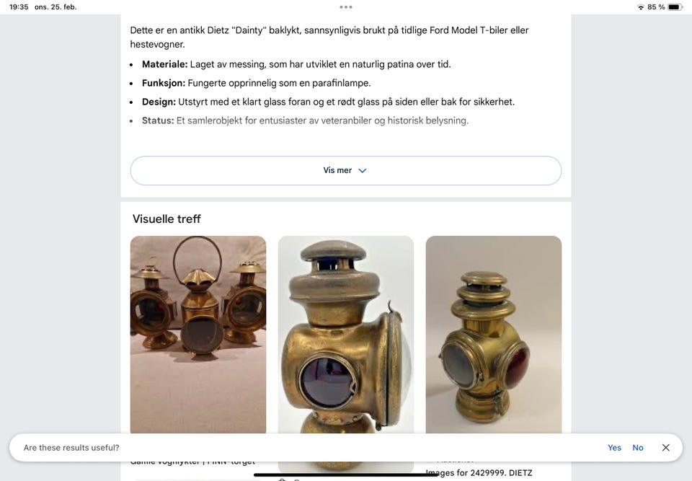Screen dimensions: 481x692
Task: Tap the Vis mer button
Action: coord(345,171)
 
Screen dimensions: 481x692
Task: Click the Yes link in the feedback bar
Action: coord(614,448)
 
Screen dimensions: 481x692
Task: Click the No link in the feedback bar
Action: coord(638,448)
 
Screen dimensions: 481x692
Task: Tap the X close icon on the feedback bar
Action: coord(666,448)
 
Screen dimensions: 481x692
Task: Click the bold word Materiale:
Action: coord(164,64)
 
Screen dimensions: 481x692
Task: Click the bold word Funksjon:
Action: coord(163,83)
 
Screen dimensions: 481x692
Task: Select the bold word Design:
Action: coord(159,102)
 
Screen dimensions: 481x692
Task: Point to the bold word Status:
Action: coord(158,120)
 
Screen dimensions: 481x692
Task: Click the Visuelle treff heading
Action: coord(167,219)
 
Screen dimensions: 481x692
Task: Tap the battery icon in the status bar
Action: coord(675,7)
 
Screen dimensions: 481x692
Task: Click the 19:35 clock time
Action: coord(19,7)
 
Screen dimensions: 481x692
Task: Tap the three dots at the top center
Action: coord(346,7)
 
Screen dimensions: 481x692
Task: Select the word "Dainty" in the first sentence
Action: coord(249,30)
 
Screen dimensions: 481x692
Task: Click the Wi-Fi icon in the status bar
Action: coord(641,7)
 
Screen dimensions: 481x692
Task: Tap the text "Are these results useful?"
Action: coord(71,448)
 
